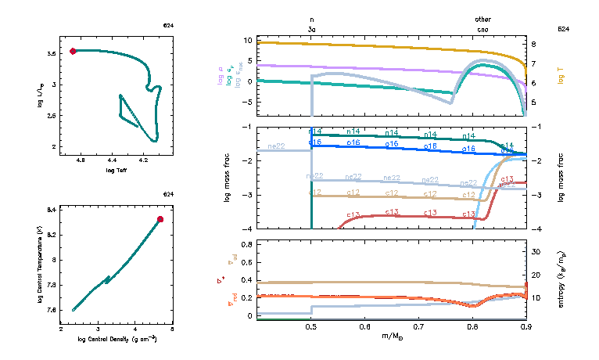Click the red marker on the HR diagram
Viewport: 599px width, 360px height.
[73, 51]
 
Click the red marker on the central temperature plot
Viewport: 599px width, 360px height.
[160, 219]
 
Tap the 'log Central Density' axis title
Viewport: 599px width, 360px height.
[117, 339]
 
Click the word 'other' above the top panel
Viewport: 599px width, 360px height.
[483, 20]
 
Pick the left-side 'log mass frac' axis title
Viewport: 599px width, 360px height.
[228, 178]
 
